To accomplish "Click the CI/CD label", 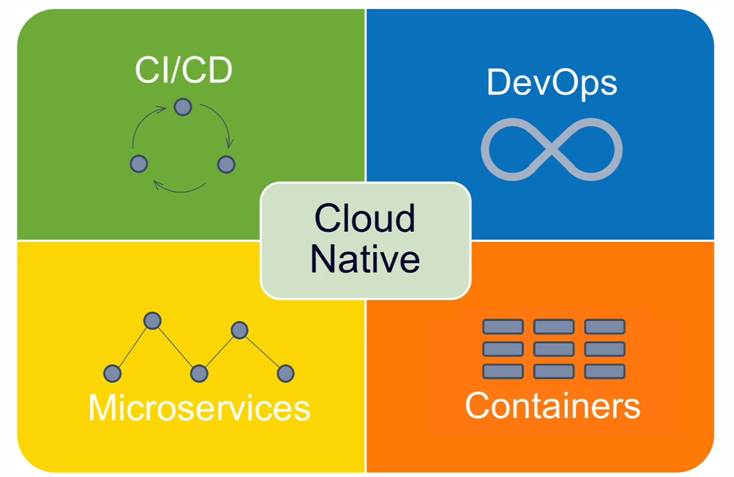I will (183, 71).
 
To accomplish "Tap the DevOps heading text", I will (551, 83).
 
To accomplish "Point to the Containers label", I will (552, 406).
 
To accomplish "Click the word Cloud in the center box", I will (365, 218).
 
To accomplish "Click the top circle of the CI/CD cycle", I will (183, 107).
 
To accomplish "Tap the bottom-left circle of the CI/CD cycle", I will (139, 164).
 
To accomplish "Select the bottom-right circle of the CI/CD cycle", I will (226, 164).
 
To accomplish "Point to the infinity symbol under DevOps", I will (551, 149).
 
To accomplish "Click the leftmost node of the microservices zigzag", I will (112, 373).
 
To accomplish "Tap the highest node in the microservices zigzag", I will (152, 320).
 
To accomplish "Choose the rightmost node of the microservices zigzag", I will (285, 373).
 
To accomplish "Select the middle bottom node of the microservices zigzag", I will (199, 373).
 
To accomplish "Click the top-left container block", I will (502, 327).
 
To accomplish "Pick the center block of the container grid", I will (554, 349).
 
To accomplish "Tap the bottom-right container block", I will (605, 371).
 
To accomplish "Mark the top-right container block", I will (605, 327).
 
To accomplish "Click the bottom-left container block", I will (502, 371).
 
